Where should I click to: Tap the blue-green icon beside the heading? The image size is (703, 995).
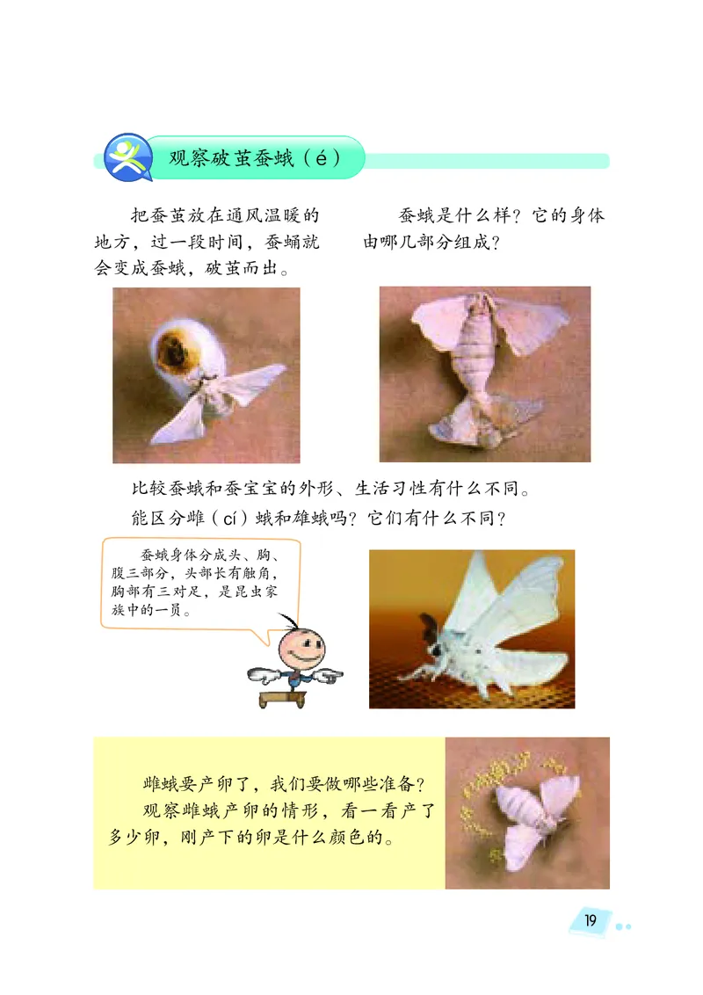pos(126,158)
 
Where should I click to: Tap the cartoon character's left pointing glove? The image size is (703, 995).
pos(263,675)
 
